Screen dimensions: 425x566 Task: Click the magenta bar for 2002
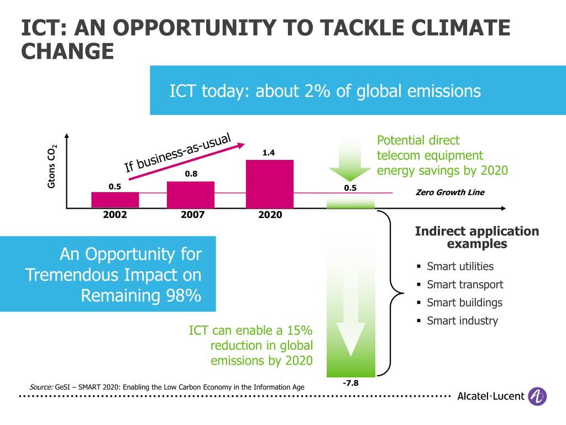(x=115, y=200)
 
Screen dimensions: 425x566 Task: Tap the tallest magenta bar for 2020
(x=269, y=184)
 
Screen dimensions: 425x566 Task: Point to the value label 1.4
(x=269, y=153)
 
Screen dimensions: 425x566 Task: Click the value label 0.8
(x=191, y=174)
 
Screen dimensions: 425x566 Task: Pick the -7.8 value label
(x=350, y=382)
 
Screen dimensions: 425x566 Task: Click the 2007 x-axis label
(x=192, y=215)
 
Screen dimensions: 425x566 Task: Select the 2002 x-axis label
(x=115, y=215)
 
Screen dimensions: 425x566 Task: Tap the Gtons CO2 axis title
(x=52, y=167)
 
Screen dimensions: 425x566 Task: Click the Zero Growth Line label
(x=449, y=193)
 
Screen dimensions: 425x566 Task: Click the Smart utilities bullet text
(x=460, y=266)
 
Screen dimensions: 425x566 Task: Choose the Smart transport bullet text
(x=465, y=284)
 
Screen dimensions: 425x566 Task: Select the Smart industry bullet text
(x=462, y=320)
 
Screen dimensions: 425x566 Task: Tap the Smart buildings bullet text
(x=464, y=303)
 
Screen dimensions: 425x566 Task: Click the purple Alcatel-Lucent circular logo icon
(x=537, y=396)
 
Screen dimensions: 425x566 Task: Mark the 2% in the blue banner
(x=316, y=91)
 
